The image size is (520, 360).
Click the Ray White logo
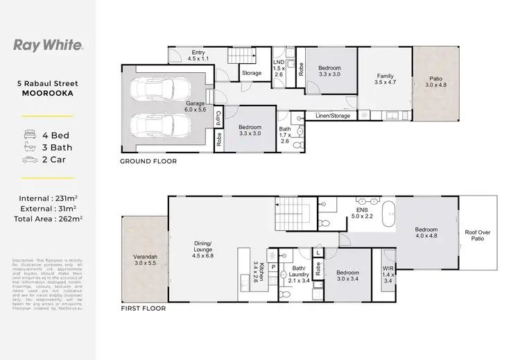pos(48,46)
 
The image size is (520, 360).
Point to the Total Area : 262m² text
pos(48,218)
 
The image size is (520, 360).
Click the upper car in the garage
pos(159,88)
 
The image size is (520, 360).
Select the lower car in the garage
pos(159,126)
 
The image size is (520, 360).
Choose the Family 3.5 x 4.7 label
pos(385,80)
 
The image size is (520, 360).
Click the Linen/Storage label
pos(332,115)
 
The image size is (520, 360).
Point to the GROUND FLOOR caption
pos(149,161)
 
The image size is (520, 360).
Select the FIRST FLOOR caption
pos(144,308)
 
